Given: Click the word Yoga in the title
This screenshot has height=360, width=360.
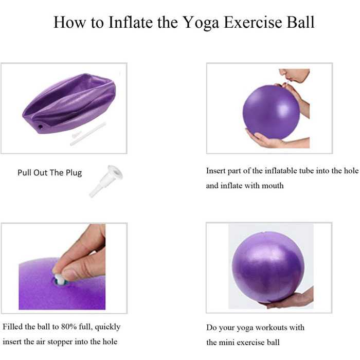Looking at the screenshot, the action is click(201, 23).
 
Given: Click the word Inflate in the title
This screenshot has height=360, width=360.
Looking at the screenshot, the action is click(131, 22).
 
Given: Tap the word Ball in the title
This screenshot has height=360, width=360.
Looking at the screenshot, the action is click(300, 22).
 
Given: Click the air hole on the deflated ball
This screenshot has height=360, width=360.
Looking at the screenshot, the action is click(41, 127).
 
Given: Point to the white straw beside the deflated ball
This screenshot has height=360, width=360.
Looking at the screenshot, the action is click(88, 134).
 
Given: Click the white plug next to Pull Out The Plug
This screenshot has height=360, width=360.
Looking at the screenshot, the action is click(106, 181).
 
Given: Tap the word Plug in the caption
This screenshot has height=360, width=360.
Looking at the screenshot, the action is click(74, 173).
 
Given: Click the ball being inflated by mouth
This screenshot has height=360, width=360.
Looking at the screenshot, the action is click(271, 112).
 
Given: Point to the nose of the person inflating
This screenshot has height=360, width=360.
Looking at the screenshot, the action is click(282, 71).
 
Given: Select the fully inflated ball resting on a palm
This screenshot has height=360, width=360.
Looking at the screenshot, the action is click(268, 268).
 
